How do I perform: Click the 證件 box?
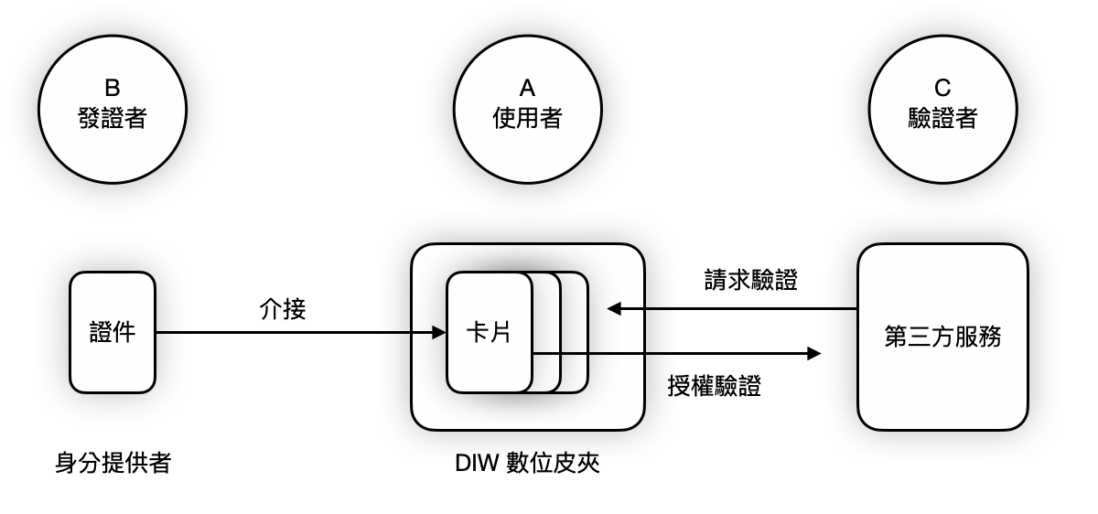(113, 332)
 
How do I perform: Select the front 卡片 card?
(489, 332)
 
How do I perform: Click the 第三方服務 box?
(942, 337)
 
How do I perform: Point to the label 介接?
(283, 310)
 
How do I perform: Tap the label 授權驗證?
(716, 387)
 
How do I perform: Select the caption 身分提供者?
(113, 464)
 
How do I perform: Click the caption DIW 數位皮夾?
(527, 464)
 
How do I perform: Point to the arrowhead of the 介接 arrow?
(439, 332)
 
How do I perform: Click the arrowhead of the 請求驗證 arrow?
(612, 309)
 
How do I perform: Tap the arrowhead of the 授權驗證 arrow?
(814, 354)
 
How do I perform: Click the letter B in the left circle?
(112, 89)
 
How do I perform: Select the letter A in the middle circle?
(527, 89)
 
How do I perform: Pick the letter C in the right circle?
(942, 89)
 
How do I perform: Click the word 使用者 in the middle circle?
(527, 118)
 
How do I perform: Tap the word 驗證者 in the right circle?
(942, 118)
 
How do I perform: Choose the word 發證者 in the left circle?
(112, 118)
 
